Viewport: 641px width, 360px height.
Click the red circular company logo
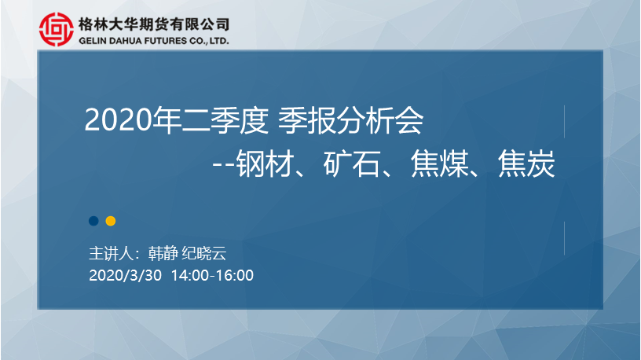[x=57, y=29]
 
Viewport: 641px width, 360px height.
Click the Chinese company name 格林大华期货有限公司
[x=154, y=24]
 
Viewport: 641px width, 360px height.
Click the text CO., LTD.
[x=209, y=41]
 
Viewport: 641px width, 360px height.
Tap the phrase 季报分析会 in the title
[x=351, y=119]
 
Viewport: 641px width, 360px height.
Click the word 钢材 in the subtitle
[x=266, y=163]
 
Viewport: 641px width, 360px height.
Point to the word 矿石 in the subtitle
[x=353, y=163]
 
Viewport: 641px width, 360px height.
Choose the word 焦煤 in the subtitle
[x=439, y=163]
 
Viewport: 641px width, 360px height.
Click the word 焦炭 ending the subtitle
[x=526, y=163]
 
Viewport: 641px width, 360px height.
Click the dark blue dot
[x=93, y=221]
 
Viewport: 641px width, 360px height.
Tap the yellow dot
[x=111, y=221]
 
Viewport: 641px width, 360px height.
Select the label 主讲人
[x=112, y=253]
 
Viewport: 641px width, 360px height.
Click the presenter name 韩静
[x=163, y=253]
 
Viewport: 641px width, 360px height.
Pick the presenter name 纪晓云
[x=204, y=253]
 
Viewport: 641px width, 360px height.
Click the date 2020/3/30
[x=125, y=275]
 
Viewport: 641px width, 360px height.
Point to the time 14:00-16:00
[x=213, y=275]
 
